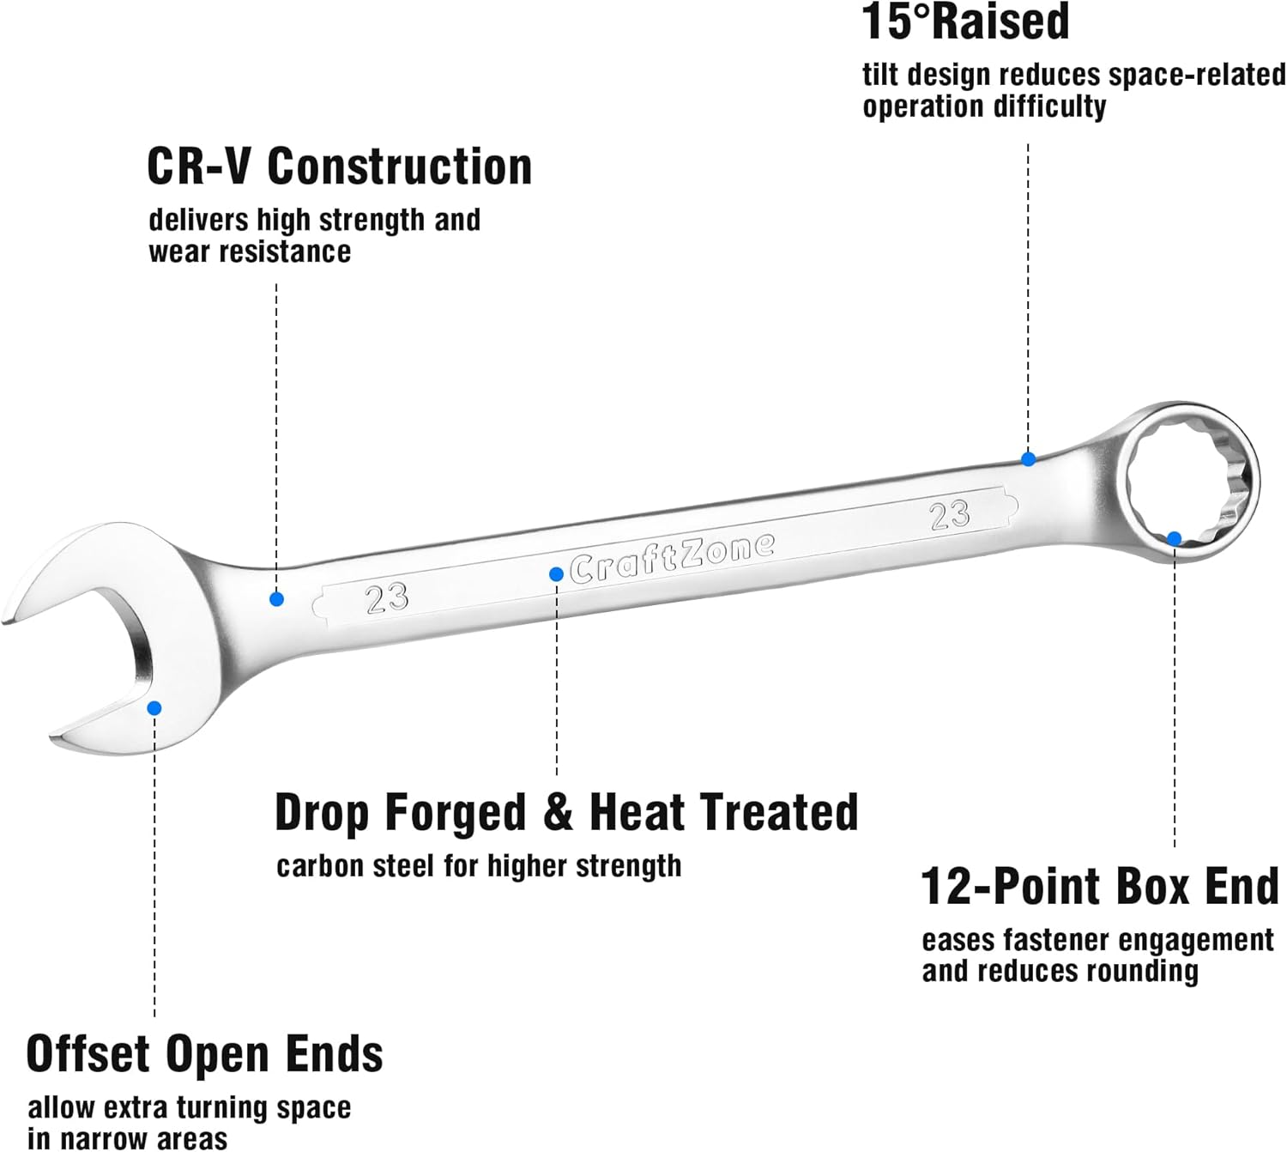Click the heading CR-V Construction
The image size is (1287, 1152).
[x=339, y=166]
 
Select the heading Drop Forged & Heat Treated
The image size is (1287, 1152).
[x=566, y=812]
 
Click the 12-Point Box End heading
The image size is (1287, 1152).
[x=1099, y=886]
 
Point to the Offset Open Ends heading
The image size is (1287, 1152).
[x=204, y=1053]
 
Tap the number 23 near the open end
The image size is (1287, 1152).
[x=387, y=597]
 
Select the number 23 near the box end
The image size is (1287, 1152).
[x=950, y=514]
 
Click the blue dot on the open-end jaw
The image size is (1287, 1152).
[x=154, y=708]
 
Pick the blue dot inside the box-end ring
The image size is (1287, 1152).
[x=1175, y=538]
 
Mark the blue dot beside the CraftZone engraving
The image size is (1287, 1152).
[x=556, y=574]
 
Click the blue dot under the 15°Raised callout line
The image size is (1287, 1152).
[x=1028, y=459]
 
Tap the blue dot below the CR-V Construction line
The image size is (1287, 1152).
[x=276, y=599]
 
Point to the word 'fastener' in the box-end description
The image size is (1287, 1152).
[x=1058, y=941]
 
